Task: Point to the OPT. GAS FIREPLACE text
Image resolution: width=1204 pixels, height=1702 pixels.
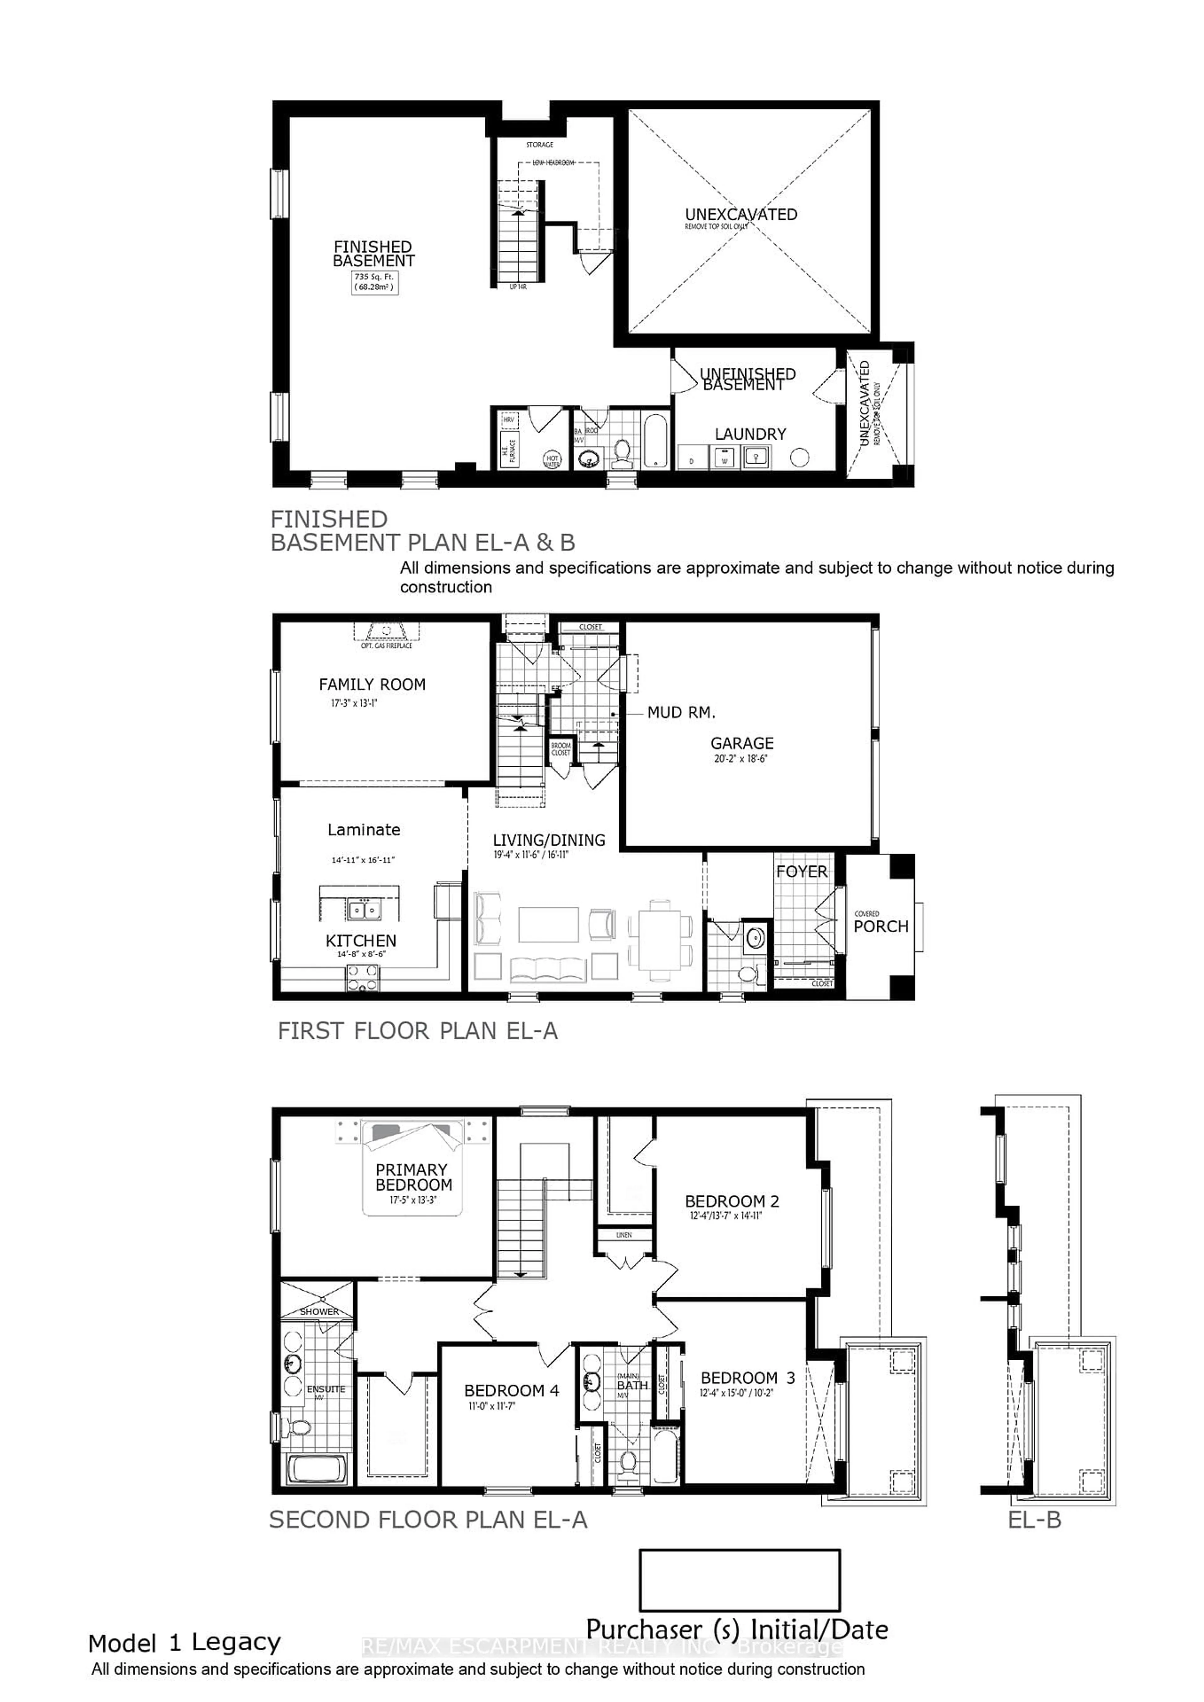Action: (x=386, y=646)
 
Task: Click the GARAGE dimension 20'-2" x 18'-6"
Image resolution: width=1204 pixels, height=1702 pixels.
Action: (x=741, y=759)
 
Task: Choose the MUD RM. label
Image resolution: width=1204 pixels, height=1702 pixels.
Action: (x=681, y=713)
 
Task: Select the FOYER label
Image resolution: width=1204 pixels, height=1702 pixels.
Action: (x=801, y=872)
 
